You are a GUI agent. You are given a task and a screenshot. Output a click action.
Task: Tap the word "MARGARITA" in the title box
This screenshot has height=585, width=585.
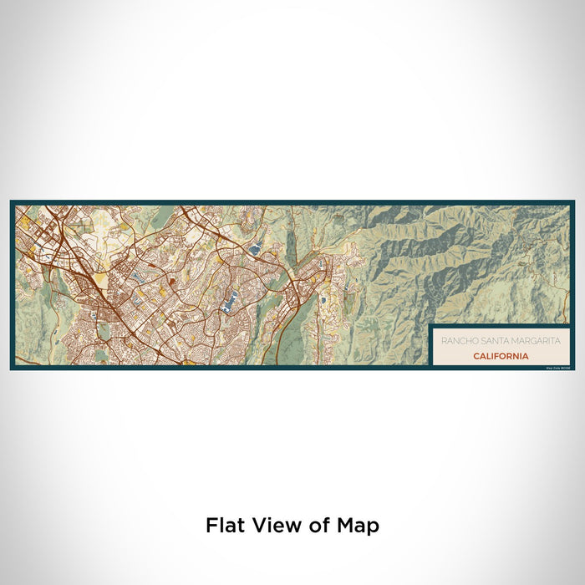tap(532, 341)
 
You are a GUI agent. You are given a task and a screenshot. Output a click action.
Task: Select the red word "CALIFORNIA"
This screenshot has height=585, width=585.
tap(500, 355)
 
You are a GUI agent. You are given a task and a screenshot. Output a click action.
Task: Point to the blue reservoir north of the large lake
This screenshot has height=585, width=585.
tap(254, 247)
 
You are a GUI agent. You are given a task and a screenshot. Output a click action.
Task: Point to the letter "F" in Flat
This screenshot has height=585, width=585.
tap(211, 526)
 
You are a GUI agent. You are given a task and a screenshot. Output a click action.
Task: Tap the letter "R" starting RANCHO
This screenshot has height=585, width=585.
tap(443, 341)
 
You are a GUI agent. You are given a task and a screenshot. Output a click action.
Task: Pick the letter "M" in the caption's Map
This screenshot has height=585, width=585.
tap(346, 526)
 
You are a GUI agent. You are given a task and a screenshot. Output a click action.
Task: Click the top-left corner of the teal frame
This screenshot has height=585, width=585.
tap(12, 201)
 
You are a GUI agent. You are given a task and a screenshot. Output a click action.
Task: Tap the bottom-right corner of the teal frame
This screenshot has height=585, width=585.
tap(573, 369)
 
